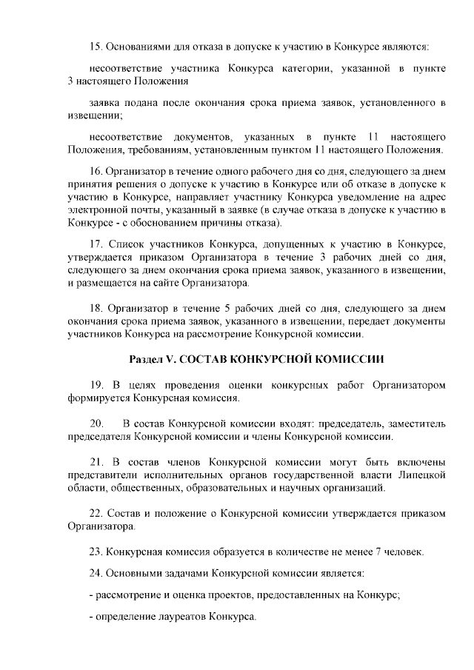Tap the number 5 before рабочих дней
(x=210, y=307)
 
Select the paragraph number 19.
(x=96, y=385)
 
